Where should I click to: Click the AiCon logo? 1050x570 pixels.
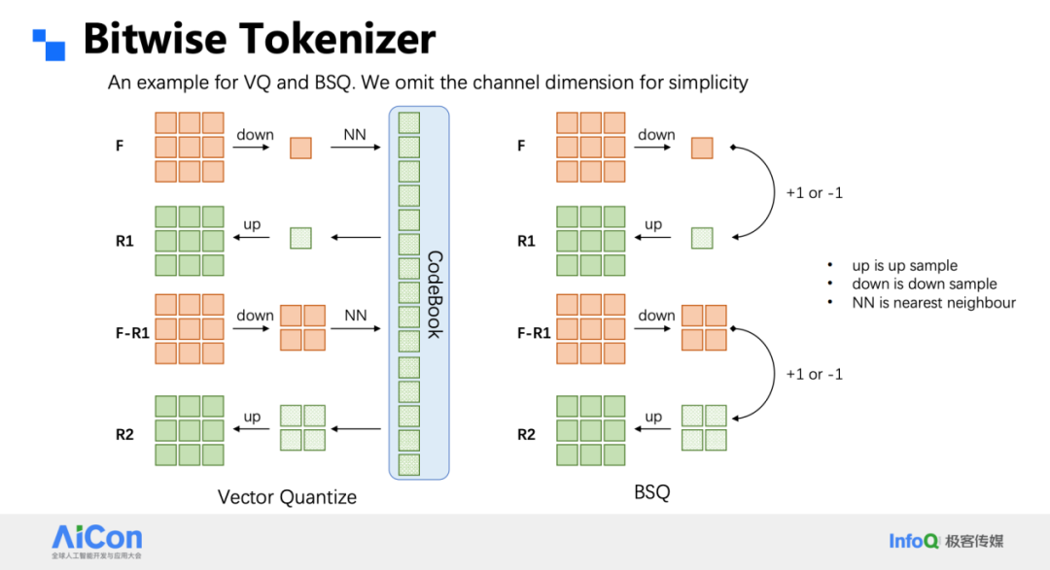click(97, 541)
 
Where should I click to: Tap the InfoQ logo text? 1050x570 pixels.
click(913, 541)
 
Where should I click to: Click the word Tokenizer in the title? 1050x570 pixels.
click(337, 39)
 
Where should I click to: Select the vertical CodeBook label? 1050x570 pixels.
click(435, 294)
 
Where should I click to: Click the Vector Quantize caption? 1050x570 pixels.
click(287, 497)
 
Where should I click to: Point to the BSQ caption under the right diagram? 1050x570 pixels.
click(651, 492)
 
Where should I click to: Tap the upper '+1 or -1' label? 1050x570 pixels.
click(815, 193)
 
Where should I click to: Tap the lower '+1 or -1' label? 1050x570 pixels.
click(815, 374)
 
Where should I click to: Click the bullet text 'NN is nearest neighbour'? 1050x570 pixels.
click(933, 303)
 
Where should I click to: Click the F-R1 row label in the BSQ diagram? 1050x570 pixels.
click(534, 333)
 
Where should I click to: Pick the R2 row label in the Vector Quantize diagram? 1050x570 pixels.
click(124, 435)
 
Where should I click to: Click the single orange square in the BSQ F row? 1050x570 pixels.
click(702, 148)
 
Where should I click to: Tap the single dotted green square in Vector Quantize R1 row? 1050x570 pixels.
click(300, 238)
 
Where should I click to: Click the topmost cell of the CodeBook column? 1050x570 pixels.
click(409, 123)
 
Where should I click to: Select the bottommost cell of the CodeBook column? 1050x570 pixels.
click(409, 465)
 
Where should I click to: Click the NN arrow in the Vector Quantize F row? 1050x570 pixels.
click(356, 148)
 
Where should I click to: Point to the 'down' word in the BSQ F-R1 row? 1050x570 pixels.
click(656, 316)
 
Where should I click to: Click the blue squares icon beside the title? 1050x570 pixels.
click(49, 45)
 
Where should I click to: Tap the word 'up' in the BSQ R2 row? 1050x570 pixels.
click(653, 418)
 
